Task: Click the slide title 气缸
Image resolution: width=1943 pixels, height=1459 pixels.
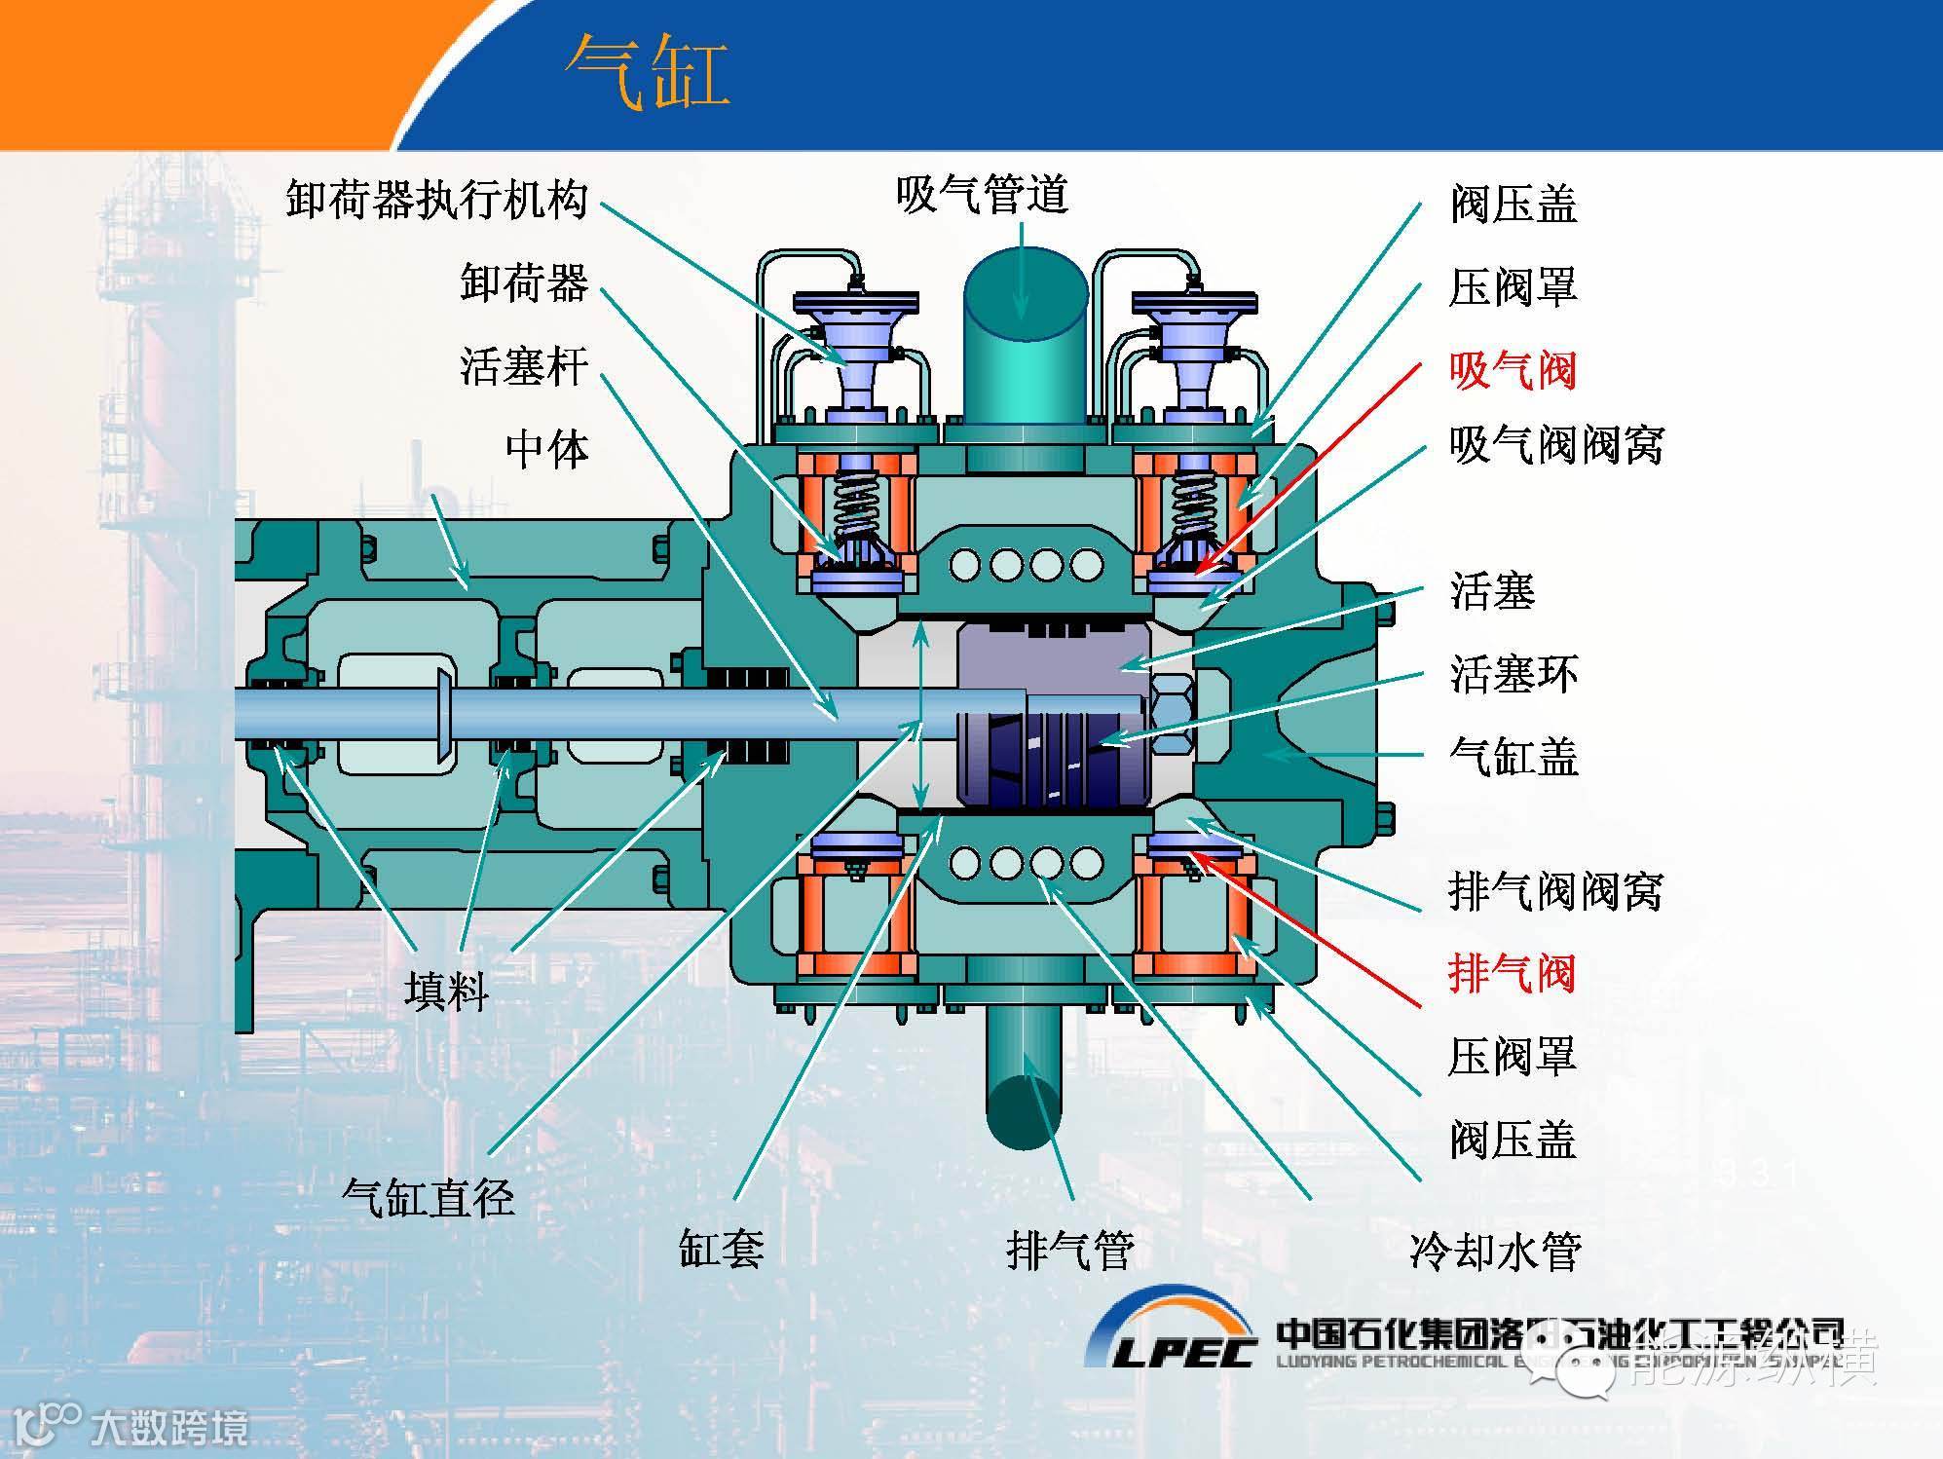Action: coord(648,72)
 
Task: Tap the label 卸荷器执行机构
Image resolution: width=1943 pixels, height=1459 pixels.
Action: coord(437,200)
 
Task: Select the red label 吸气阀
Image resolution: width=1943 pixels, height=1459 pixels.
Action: coord(1513,371)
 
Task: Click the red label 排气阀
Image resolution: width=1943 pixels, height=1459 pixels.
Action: coord(1512,973)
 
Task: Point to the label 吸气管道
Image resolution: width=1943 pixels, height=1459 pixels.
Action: coord(982,195)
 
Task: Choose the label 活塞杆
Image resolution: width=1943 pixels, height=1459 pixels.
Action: coord(524,367)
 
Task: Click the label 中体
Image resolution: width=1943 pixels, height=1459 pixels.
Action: coord(547,450)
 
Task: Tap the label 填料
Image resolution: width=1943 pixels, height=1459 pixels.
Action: coord(446,991)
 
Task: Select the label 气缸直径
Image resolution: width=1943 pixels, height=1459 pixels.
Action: coord(429,1197)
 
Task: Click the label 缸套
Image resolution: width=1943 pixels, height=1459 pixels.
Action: coord(721,1248)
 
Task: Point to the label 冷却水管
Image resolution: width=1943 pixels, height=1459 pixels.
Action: coord(1495,1252)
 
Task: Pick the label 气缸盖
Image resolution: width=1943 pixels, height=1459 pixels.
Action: coord(1513,757)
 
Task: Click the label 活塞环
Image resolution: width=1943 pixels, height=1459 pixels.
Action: coord(1513,674)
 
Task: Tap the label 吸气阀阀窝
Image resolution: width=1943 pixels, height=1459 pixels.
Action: coord(1555,445)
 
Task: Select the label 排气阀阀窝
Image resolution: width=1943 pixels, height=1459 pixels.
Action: coord(1555,890)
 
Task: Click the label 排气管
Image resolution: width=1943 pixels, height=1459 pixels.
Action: coord(1069,1250)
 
